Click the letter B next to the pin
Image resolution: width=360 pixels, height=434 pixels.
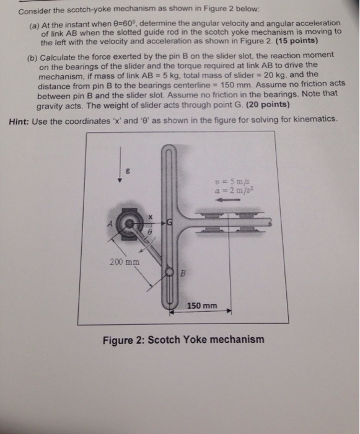tap(182, 274)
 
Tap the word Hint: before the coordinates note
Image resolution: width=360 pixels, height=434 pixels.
tap(22, 120)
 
